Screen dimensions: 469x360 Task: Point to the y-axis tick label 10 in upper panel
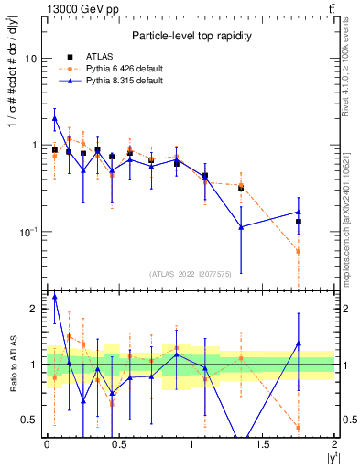click(x=30, y=59)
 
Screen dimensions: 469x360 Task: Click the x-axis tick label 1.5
click(x=263, y=444)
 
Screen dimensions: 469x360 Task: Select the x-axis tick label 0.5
click(x=118, y=444)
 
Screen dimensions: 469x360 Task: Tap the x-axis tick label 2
click(x=334, y=444)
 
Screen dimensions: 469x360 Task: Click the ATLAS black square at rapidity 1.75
click(x=299, y=222)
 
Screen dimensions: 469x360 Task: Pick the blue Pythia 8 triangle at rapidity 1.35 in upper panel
click(x=241, y=227)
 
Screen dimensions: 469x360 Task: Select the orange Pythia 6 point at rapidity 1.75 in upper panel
click(x=299, y=251)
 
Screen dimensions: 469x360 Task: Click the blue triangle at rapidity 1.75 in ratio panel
click(x=299, y=344)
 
